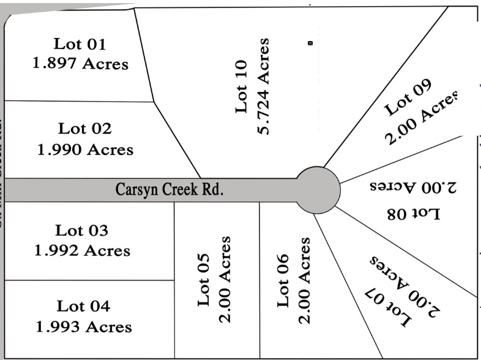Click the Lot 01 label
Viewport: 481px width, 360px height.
(x=80, y=44)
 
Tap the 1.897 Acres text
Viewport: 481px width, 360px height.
(x=80, y=64)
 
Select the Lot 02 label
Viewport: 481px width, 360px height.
(x=85, y=129)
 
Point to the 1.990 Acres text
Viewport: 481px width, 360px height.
(x=85, y=149)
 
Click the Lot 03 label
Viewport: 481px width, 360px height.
(x=81, y=230)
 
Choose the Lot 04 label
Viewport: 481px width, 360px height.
(x=83, y=306)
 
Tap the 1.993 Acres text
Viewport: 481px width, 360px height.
(x=83, y=326)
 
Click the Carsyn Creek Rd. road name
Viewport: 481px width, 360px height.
(x=170, y=189)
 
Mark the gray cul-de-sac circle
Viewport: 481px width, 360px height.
(x=318, y=189)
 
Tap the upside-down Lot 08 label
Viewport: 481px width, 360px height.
(x=414, y=214)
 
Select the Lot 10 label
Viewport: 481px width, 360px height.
(x=241, y=86)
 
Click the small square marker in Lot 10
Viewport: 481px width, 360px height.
(x=310, y=43)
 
